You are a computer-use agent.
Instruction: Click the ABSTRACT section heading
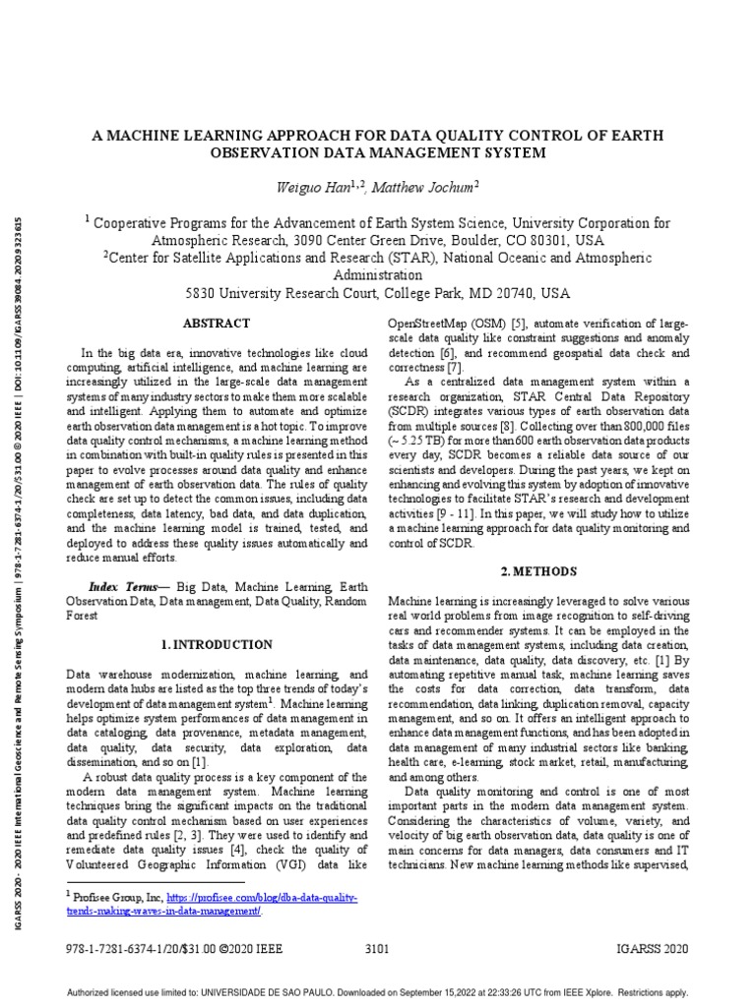point(218,324)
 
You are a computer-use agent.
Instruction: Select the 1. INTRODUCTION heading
point(217,645)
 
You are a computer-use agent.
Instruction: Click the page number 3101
point(377,949)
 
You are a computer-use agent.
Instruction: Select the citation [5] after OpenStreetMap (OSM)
point(519,324)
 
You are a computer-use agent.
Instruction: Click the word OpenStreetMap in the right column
point(426,324)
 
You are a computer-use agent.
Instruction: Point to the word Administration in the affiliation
point(377,275)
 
